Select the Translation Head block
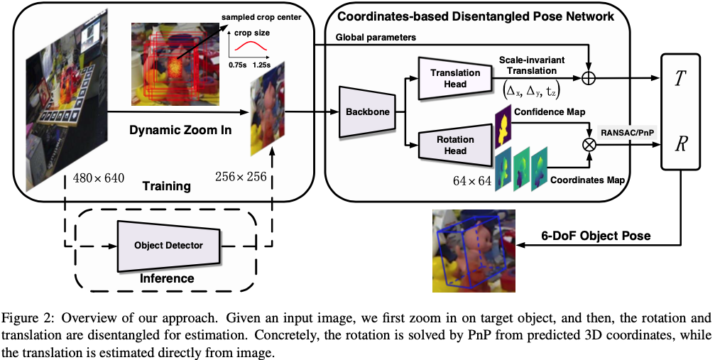pos(456,78)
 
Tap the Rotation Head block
pos(455,144)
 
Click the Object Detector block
pos(168,245)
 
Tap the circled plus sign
pos(589,77)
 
